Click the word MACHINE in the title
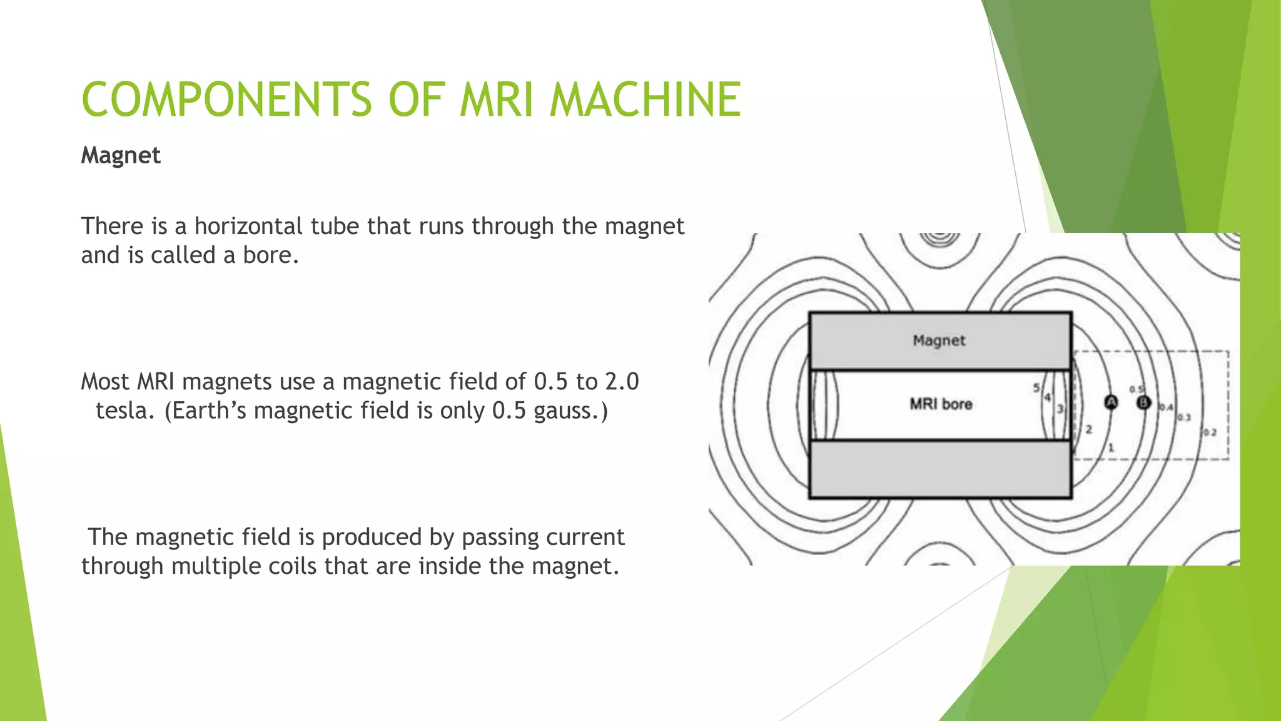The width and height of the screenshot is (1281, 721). pyautogui.click(x=645, y=100)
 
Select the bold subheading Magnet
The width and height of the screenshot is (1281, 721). pyautogui.click(x=121, y=155)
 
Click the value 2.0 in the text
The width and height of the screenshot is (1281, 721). pyautogui.click(x=622, y=382)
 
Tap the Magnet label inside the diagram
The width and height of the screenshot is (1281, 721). pyautogui.click(x=939, y=340)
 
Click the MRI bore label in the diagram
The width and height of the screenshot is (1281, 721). pyautogui.click(x=941, y=404)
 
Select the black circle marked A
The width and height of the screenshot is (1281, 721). pyautogui.click(x=1111, y=402)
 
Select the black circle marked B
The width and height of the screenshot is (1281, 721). pyautogui.click(x=1143, y=402)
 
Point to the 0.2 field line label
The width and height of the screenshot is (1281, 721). pyautogui.click(x=1210, y=432)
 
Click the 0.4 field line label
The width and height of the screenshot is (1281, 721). pyautogui.click(x=1166, y=407)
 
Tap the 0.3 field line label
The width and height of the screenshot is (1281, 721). pyautogui.click(x=1184, y=417)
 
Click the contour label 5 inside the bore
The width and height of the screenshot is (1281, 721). pyautogui.click(x=1036, y=388)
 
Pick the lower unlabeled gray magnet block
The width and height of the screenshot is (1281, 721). pyautogui.click(x=940, y=469)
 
